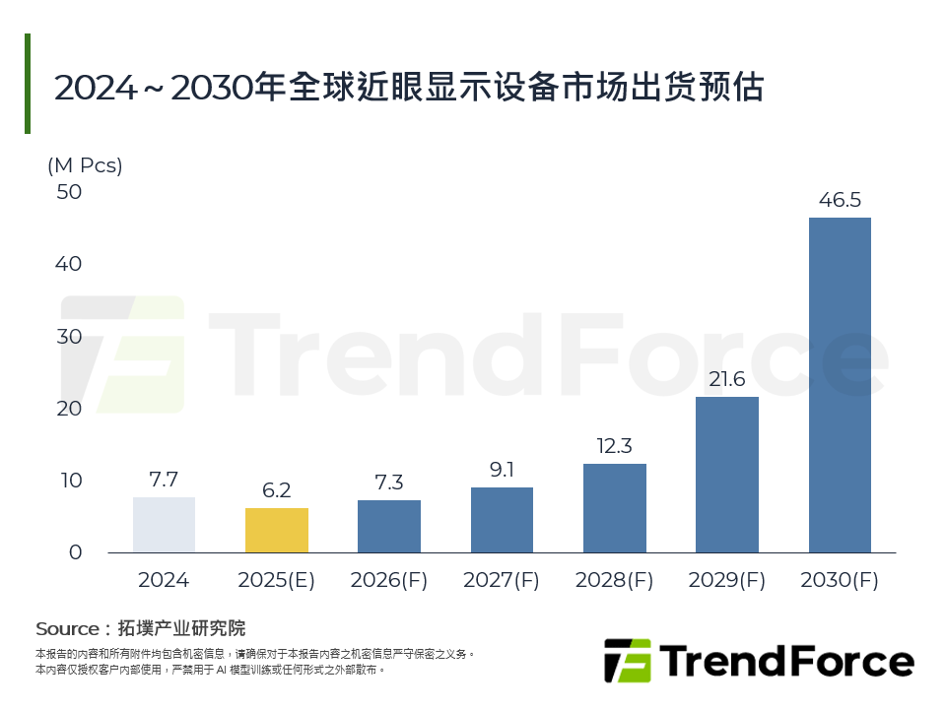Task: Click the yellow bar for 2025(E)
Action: point(277,530)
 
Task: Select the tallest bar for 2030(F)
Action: point(840,384)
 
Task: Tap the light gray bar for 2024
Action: point(164,525)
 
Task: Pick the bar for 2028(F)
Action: point(614,508)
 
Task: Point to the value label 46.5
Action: point(840,201)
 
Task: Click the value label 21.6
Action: point(727,380)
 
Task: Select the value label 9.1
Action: point(502,470)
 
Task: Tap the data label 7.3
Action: point(389,483)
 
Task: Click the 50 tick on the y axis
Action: point(69,192)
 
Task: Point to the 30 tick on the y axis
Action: point(69,337)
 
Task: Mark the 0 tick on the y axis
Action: point(75,552)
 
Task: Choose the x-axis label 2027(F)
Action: point(502,580)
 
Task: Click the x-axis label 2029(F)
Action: point(727,580)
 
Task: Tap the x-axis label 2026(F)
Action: point(389,580)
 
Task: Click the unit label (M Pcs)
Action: point(85,165)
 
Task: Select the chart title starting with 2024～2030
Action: point(409,87)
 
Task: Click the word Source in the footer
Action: point(67,628)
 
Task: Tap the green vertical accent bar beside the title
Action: point(28,84)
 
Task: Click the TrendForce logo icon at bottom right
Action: point(628,661)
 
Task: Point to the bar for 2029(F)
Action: point(727,475)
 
